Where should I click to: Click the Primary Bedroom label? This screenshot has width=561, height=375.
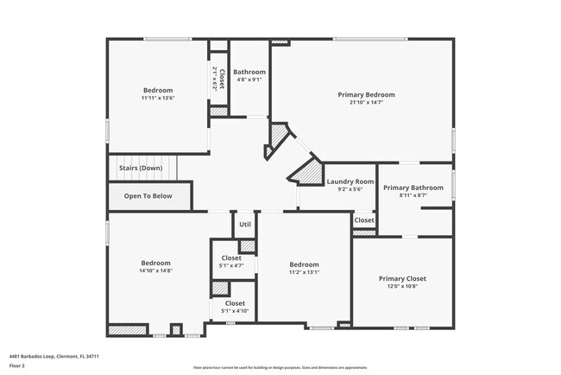(x=367, y=94)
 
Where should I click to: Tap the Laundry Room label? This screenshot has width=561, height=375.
(x=350, y=181)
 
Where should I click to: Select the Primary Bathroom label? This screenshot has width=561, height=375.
(x=413, y=187)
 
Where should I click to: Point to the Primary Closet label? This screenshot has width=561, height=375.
(x=402, y=278)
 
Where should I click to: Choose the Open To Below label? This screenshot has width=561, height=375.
(x=148, y=196)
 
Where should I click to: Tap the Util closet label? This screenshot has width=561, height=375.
(x=245, y=224)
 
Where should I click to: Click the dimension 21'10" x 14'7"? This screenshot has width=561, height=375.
(x=367, y=103)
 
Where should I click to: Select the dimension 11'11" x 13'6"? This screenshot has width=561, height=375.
(x=158, y=99)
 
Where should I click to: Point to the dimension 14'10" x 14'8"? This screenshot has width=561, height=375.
(x=156, y=271)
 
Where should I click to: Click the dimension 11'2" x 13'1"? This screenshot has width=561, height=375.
(x=304, y=273)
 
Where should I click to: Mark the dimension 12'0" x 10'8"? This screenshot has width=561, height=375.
(x=402, y=287)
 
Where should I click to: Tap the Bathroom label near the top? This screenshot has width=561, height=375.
(x=249, y=72)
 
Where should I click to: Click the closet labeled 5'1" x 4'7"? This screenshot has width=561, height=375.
(x=231, y=266)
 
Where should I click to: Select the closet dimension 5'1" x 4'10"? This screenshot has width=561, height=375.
(x=234, y=311)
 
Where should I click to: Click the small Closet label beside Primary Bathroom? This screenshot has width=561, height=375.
(x=364, y=220)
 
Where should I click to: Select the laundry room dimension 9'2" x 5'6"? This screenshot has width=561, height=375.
(x=350, y=190)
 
